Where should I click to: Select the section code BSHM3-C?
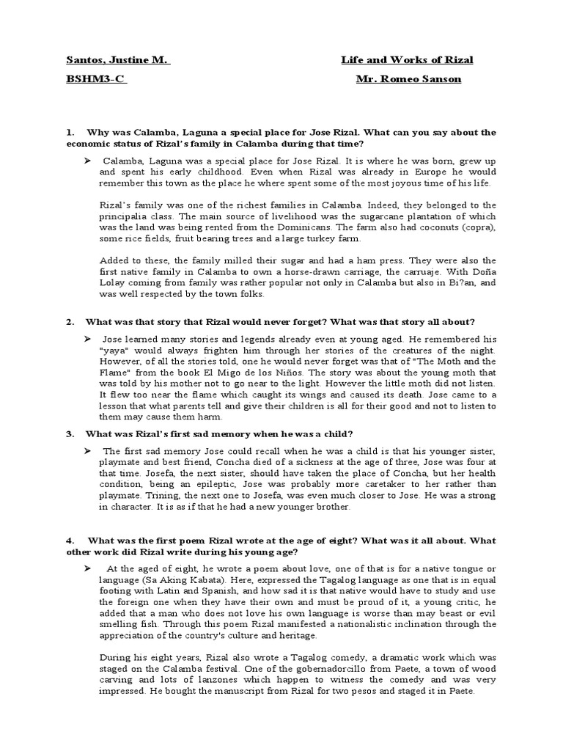tap(96, 81)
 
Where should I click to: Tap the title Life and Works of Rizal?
tap(407, 60)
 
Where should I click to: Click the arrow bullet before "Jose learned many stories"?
tap(87, 339)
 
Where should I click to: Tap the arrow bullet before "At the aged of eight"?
tap(87, 568)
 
